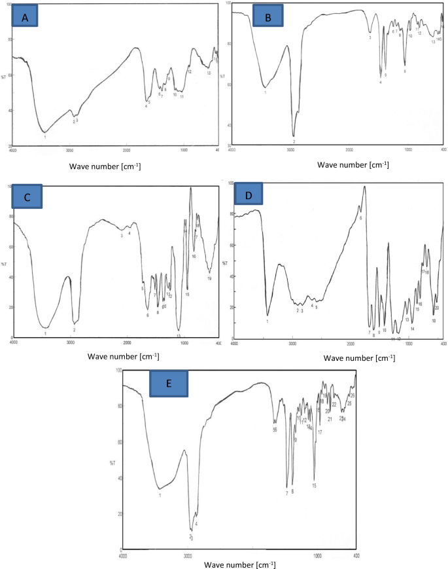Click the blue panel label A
tap(26, 18)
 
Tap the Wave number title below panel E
tap(239, 564)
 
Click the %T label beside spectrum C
tap(5, 264)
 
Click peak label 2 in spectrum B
tap(294, 141)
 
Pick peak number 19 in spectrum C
tap(209, 278)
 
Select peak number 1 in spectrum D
tap(267, 321)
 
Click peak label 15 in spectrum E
tap(315, 485)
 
